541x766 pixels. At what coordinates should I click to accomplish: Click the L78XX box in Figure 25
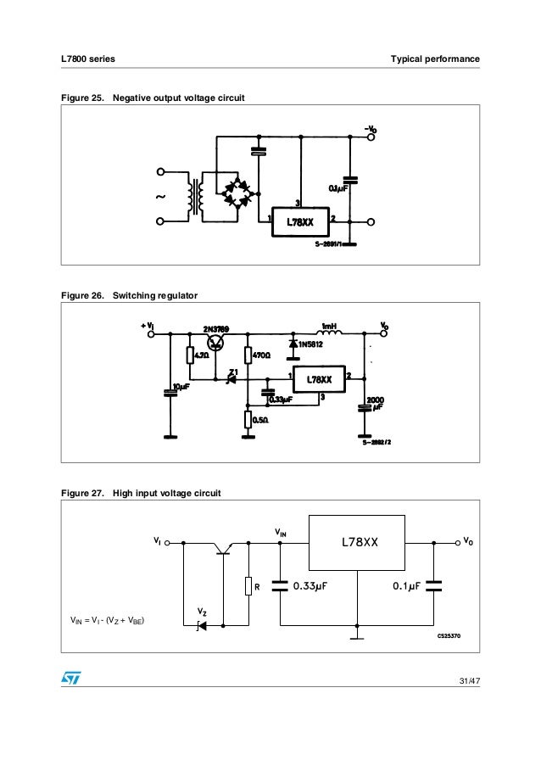pos(302,223)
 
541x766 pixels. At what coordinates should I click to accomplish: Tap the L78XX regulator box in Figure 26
pos(319,379)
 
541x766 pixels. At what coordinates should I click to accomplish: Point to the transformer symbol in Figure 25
pos(197,196)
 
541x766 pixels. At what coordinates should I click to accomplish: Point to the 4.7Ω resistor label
pos(202,355)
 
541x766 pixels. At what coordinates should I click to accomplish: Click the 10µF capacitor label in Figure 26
pos(181,387)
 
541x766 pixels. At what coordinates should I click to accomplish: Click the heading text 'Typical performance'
pos(435,59)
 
